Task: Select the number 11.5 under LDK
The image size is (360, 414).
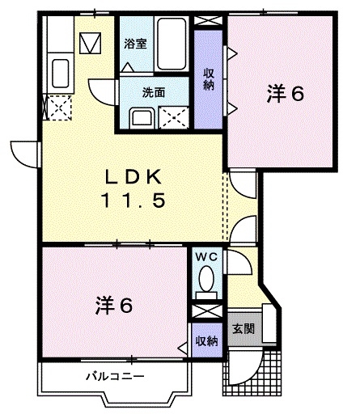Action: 133,201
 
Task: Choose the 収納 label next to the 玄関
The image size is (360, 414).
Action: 206,340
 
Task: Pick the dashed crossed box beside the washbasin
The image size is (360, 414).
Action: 174,118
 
